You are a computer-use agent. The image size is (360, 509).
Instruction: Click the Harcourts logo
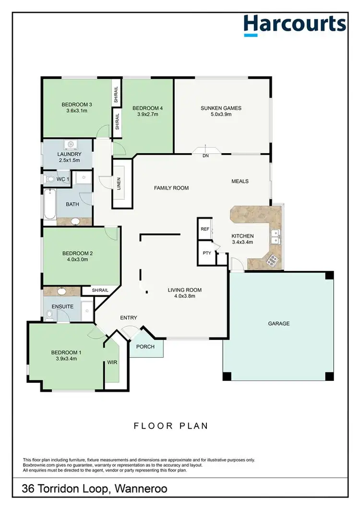(x=294, y=24)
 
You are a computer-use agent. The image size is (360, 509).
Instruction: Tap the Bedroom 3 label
(x=77, y=105)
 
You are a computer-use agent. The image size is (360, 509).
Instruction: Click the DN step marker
(x=206, y=156)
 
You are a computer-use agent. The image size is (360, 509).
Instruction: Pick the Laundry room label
(x=67, y=154)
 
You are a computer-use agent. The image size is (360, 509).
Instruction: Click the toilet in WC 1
(x=51, y=179)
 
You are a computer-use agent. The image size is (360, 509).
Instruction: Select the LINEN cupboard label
(x=119, y=183)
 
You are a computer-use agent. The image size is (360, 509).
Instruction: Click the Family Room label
(x=171, y=188)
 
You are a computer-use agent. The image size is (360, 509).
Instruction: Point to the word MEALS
(x=240, y=181)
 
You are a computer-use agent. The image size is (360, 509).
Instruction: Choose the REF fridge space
(x=205, y=229)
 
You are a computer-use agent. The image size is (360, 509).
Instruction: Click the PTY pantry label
(x=207, y=253)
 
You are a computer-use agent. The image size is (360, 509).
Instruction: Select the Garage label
(x=278, y=324)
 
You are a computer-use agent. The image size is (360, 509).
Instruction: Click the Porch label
(x=145, y=347)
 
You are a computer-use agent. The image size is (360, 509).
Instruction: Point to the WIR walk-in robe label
(x=112, y=363)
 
